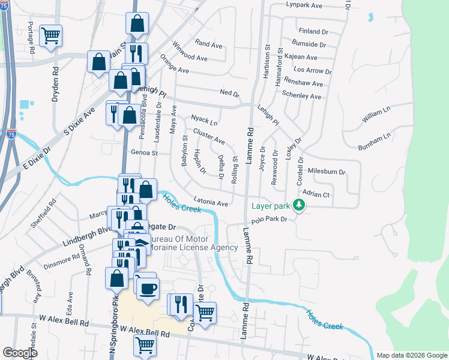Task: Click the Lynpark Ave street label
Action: (304, 5)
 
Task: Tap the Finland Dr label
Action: (313, 31)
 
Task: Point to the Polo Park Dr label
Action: (270, 219)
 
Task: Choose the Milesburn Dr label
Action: (327, 172)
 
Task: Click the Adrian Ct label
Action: (316, 194)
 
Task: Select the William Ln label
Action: (376, 113)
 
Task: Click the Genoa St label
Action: (143, 153)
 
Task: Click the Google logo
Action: (20, 352)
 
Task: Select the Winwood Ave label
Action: (190, 58)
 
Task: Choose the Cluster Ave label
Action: (209, 137)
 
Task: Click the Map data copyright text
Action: (412, 355)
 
